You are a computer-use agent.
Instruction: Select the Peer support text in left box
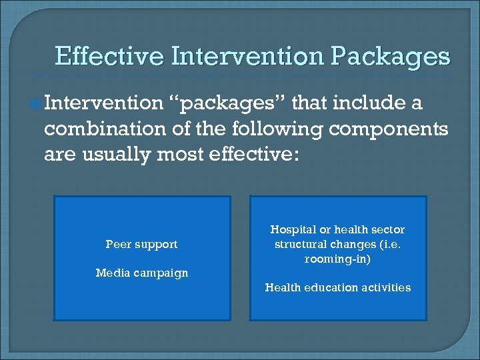[141, 244]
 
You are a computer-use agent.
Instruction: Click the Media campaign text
[141, 273]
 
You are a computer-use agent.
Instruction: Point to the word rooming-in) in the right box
[337, 259]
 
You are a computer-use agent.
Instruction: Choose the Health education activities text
[337, 287]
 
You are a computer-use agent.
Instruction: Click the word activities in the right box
[386, 287]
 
